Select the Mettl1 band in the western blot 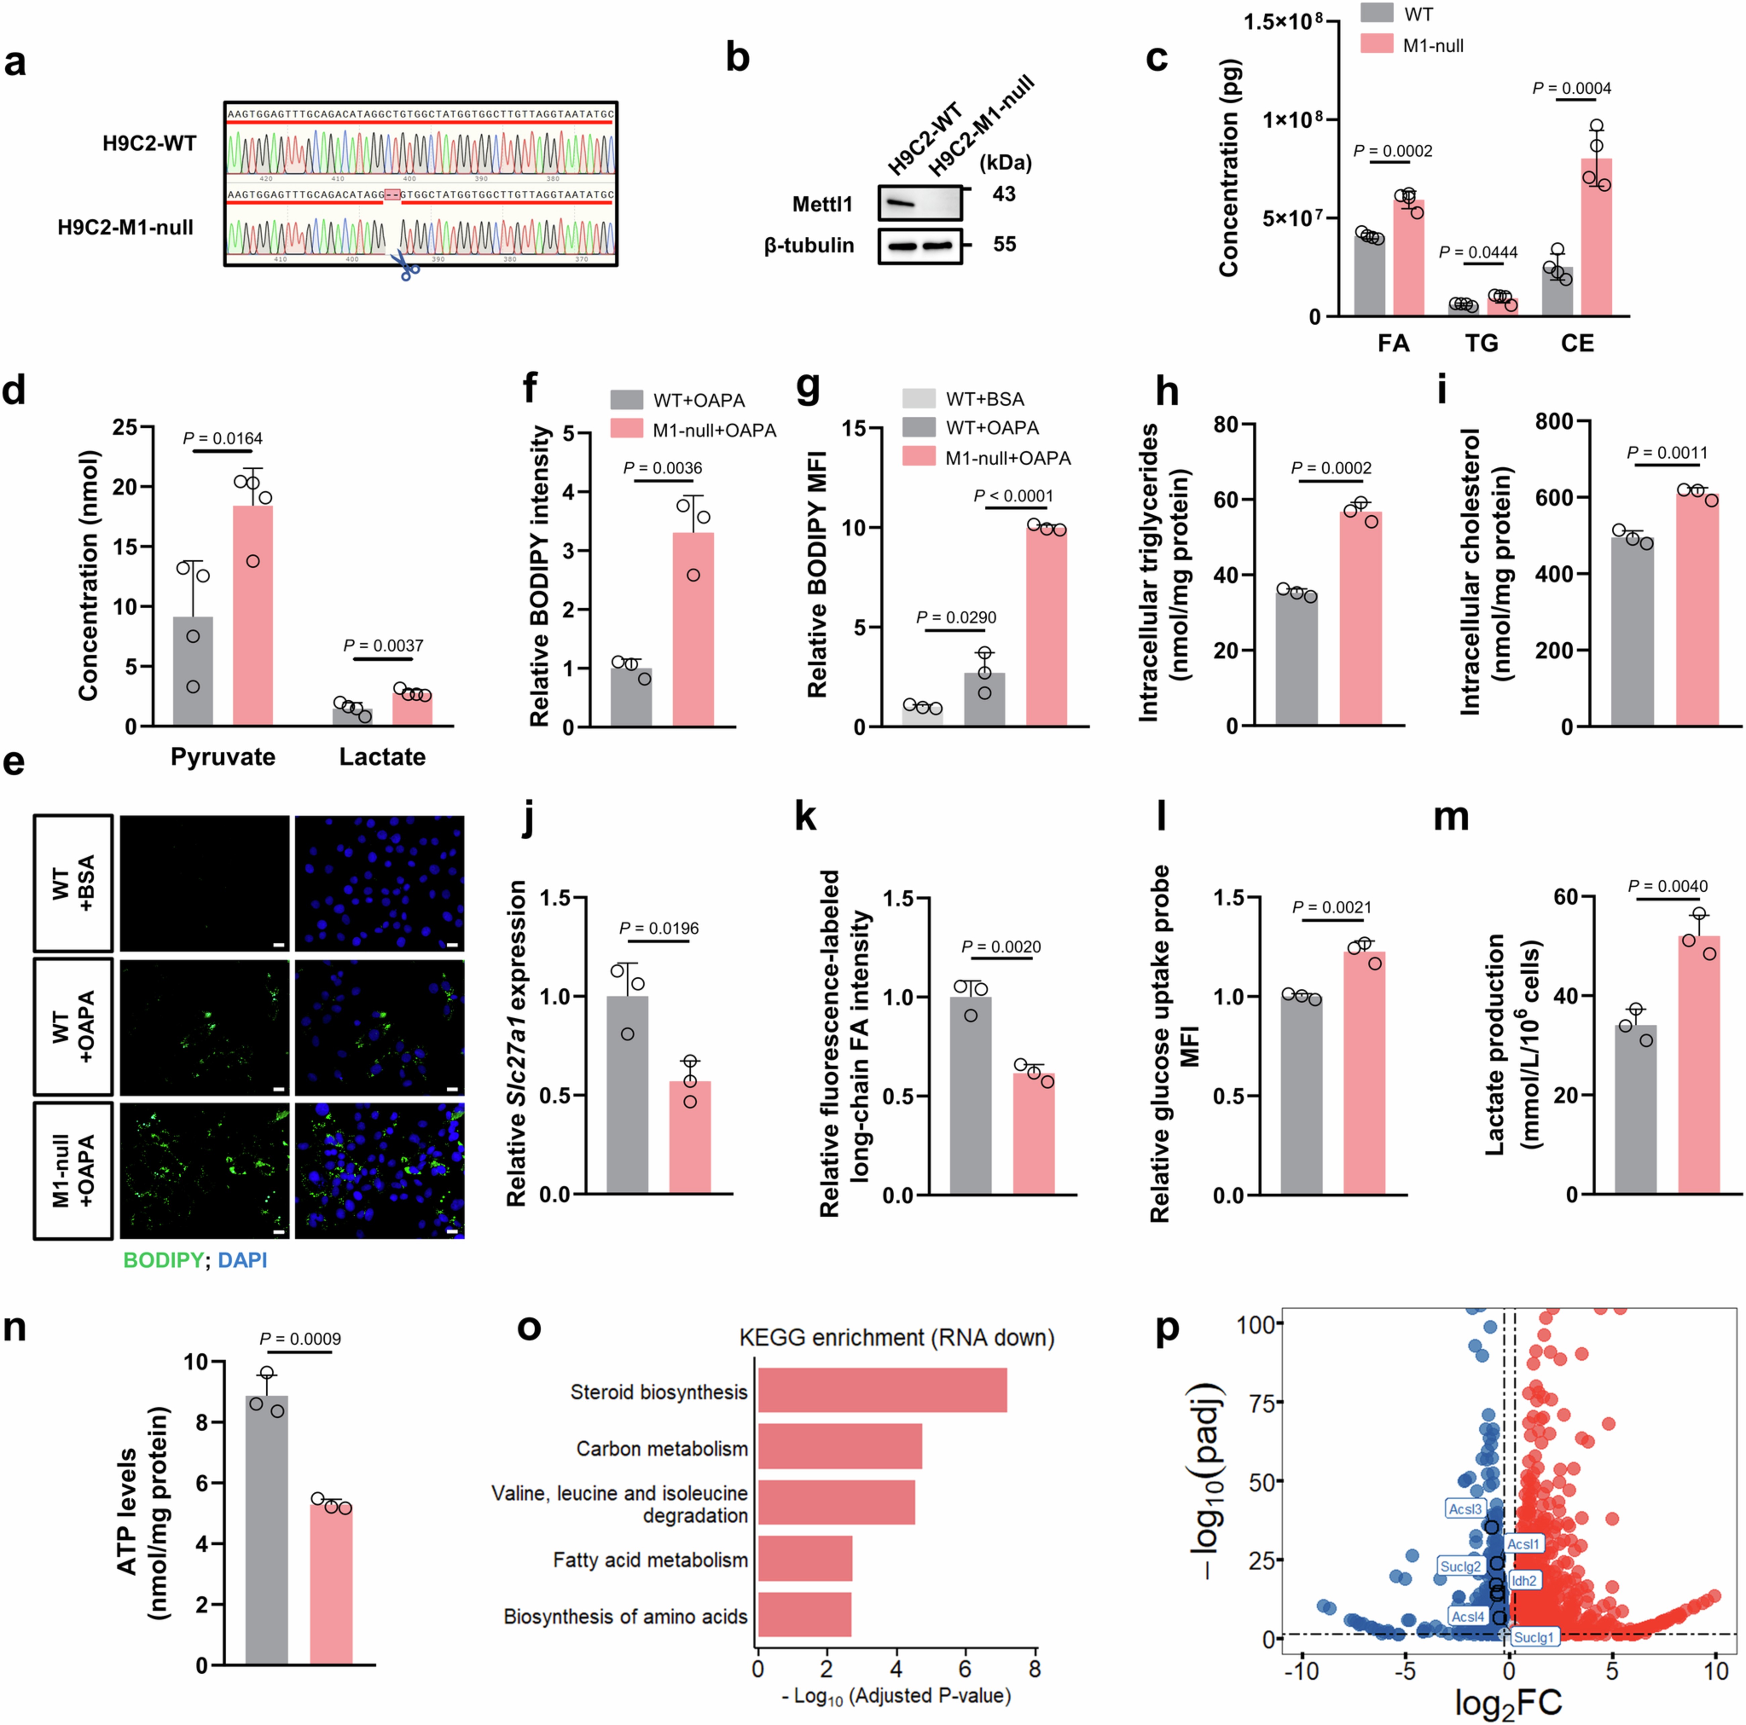pos(899,205)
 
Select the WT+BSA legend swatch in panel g pos(918,399)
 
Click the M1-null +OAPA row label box pos(73,1170)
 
